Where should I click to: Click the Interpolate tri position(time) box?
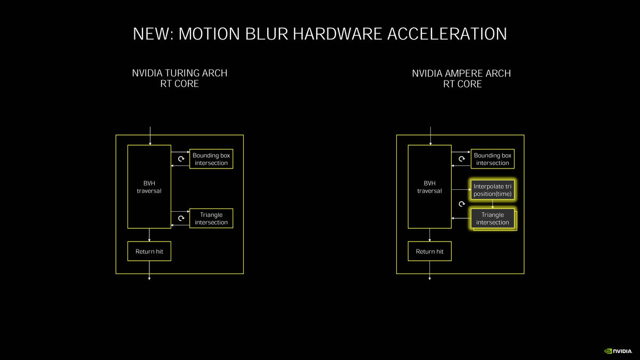point(492,190)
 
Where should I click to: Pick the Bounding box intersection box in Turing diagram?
point(211,159)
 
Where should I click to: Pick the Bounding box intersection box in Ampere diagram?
point(492,159)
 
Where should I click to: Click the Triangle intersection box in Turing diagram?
point(211,218)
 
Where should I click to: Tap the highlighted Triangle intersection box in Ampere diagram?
point(492,218)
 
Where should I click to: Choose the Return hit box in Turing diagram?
point(149,251)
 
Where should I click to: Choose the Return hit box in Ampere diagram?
point(429,251)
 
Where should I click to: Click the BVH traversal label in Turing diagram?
point(149,187)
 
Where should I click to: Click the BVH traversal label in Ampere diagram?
point(429,187)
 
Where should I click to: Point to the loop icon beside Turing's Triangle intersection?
point(181,218)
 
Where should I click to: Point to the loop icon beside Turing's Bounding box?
point(181,159)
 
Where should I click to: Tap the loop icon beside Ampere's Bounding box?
point(462,159)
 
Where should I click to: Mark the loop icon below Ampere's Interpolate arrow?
point(462,204)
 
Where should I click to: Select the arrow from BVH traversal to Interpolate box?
point(460,189)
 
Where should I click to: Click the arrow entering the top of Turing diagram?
point(150,135)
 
